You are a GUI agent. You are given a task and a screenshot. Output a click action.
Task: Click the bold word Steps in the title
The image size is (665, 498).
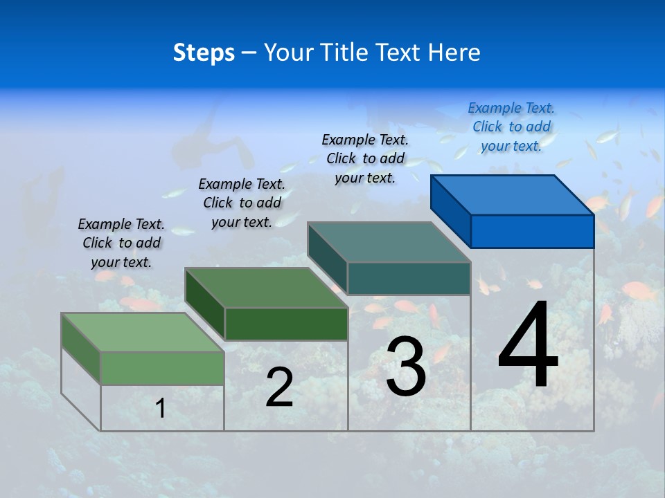tap(204, 53)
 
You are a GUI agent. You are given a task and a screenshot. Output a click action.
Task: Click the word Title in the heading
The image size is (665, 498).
tap(346, 53)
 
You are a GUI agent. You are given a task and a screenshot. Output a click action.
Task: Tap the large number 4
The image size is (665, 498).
tap(528, 346)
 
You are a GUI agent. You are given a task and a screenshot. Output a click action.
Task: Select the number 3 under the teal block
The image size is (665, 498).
tap(406, 367)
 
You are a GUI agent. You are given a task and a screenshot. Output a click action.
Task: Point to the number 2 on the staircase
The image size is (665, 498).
tap(279, 387)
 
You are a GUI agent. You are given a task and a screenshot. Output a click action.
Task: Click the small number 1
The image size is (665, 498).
tap(161, 409)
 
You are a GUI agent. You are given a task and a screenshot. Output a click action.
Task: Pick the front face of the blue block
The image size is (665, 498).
tap(532, 231)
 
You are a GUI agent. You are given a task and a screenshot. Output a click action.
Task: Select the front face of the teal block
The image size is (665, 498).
tap(409, 278)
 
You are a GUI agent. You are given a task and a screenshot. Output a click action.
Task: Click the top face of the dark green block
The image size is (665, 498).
tap(267, 287)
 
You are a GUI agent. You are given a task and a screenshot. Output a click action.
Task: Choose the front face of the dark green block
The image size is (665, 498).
tap(286, 324)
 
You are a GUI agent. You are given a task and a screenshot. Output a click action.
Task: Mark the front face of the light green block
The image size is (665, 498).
tap(162, 368)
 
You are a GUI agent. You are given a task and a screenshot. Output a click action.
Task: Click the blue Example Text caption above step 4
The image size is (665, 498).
tap(511, 127)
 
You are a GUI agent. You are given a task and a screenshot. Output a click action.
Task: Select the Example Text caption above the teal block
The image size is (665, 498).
tap(365, 158)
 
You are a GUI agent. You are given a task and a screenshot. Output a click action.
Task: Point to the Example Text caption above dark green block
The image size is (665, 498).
tap(242, 203)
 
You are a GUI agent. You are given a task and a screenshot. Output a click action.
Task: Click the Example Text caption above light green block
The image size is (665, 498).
tap(121, 243)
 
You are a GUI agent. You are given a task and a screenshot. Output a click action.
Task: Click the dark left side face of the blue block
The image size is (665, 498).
tap(450, 210)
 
